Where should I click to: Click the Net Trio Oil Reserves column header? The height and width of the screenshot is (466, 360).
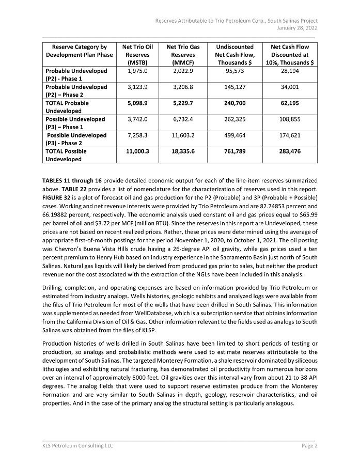point(137,54)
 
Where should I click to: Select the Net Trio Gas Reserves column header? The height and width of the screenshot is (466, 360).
point(183,54)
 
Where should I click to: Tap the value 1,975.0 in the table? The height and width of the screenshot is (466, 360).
point(137,71)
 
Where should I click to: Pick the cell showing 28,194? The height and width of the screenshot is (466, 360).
point(290,71)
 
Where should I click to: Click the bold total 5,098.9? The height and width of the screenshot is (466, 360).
point(137,103)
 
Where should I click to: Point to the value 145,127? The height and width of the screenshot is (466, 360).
point(235,87)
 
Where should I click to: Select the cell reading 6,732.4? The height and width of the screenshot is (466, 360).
point(183,119)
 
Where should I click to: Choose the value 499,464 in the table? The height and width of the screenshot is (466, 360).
point(235,135)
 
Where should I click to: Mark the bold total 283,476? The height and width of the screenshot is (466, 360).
point(290,151)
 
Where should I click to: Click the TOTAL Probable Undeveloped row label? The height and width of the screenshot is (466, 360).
point(67,107)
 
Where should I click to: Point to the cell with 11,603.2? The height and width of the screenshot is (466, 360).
point(183,135)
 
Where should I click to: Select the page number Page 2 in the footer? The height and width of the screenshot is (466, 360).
point(309,445)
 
